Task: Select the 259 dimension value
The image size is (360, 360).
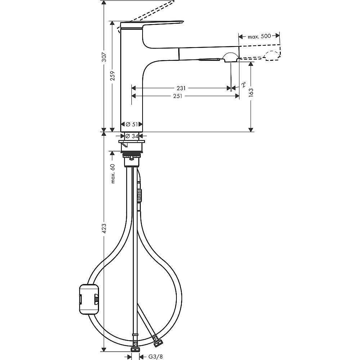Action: click(112, 75)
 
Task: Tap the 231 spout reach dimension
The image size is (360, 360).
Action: click(181, 88)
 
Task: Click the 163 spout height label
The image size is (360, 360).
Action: click(251, 92)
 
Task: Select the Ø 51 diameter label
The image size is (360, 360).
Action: click(132, 125)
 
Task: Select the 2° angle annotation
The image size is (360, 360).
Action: click(244, 85)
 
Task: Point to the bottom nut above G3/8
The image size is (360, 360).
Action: click(135, 349)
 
